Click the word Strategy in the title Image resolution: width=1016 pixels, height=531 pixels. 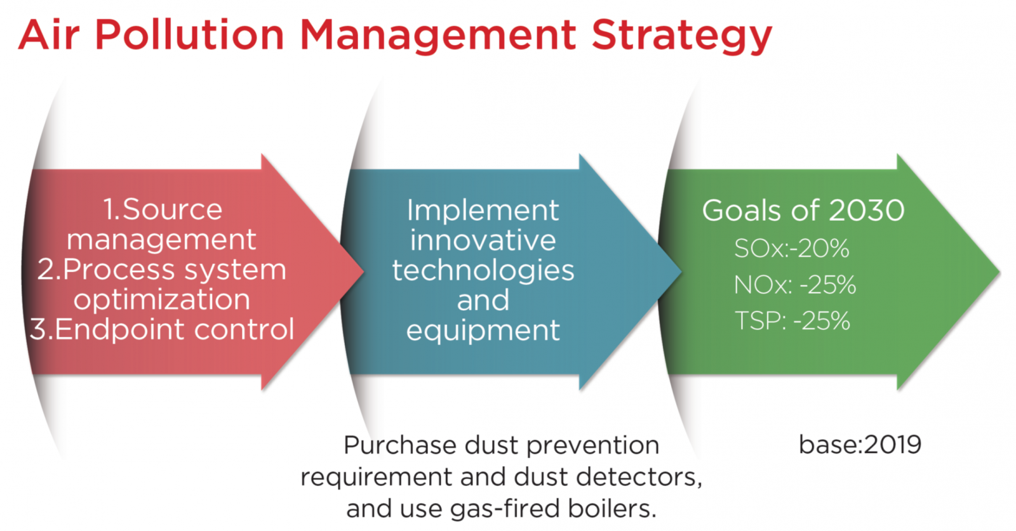click(682, 36)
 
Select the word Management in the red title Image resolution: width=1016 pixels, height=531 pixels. click(438, 37)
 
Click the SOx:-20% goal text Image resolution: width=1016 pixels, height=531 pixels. click(791, 248)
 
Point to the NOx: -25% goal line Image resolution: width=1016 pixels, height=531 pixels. click(794, 284)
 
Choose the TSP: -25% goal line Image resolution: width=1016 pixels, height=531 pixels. click(792, 321)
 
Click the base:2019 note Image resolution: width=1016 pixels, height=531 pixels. click(860, 445)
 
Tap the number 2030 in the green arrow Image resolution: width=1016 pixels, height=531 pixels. click(866, 211)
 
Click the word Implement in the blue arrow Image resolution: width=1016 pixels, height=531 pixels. click(483, 211)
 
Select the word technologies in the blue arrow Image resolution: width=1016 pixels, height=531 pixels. click(483, 270)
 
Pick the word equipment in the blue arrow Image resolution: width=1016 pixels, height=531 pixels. click(483, 331)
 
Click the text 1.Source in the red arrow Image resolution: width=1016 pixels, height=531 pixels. click(163, 209)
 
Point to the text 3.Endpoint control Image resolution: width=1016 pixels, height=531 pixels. click(162, 329)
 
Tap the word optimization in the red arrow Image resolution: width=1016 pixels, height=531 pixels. click(162, 300)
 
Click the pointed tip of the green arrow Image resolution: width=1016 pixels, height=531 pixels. click(999, 272)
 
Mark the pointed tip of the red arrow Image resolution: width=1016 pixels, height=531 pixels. click(364, 272)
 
